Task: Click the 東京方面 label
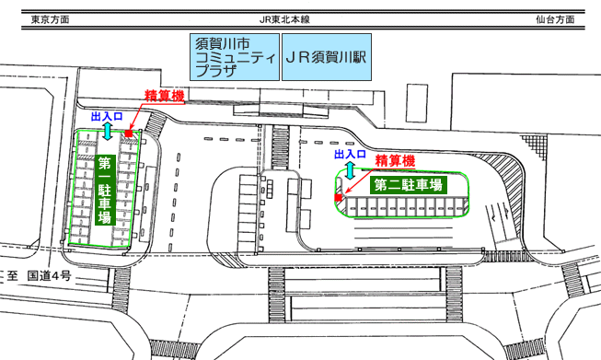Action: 49,19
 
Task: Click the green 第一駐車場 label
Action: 105,191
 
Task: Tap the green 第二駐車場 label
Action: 406,184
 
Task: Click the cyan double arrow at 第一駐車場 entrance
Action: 107,132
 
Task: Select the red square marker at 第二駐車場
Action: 338,198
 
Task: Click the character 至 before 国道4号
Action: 14,274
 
